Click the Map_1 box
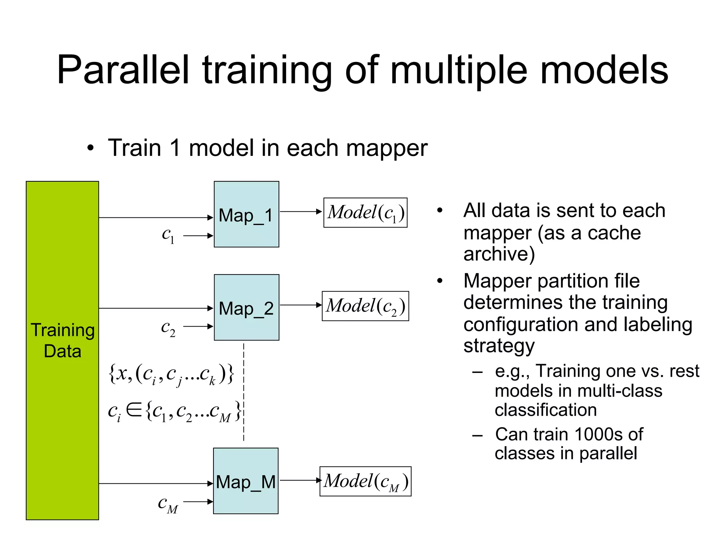click(x=246, y=214)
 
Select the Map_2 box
click(x=246, y=307)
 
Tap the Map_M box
click(x=246, y=481)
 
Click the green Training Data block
click(x=62, y=350)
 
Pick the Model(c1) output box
click(x=365, y=212)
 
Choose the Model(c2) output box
click(x=365, y=306)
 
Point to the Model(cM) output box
click(x=365, y=481)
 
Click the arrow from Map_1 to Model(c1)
click(x=301, y=211)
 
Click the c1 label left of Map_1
click(x=168, y=235)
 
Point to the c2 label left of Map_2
click(x=168, y=328)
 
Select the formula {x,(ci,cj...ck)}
click(x=171, y=374)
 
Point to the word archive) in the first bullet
click(x=499, y=254)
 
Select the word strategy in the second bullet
click(x=499, y=346)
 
